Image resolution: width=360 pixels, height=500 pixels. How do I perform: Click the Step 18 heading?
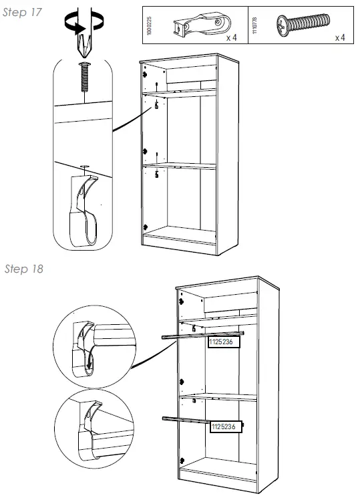coord(23,269)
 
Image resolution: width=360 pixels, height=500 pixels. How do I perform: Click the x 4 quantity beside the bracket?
coord(232,38)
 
